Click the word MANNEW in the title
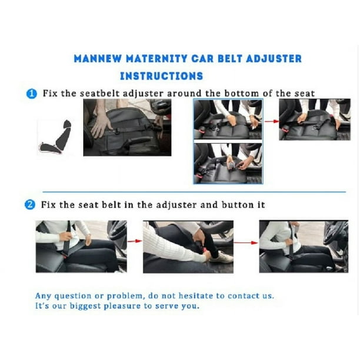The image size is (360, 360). (98, 59)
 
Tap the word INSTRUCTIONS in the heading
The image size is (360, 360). (162, 76)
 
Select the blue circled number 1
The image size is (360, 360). (32, 94)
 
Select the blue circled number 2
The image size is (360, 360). (30, 205)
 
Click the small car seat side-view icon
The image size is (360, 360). (55, 137)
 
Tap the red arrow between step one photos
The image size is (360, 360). (271, 121)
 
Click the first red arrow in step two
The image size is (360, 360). (135, 241)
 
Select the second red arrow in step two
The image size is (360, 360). (246, 242)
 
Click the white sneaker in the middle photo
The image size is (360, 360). (221, 257)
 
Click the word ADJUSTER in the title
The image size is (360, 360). (274, 59)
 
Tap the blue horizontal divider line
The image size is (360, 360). (194, 192)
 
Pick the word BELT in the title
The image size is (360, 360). (230, 59)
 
